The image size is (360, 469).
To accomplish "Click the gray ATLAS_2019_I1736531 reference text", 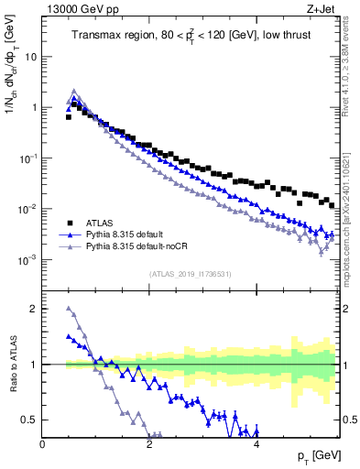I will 189,274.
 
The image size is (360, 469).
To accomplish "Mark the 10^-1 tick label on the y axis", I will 27,158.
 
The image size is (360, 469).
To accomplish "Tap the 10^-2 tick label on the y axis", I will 27,209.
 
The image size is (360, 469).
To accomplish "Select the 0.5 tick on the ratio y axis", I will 29,420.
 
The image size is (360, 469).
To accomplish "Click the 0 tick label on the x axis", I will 42,444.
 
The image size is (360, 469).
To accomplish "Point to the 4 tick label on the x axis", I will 256,444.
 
